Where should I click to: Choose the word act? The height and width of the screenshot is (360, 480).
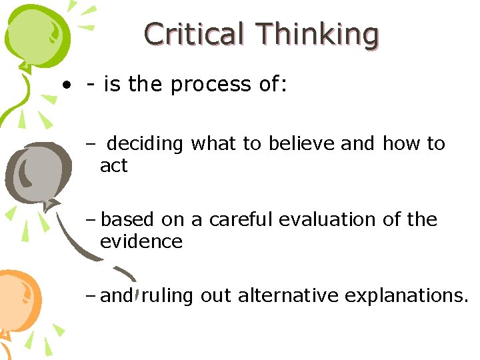[113, 166]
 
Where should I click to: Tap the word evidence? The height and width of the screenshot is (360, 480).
[141, 241]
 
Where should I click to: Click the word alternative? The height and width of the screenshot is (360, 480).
[287, 295]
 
